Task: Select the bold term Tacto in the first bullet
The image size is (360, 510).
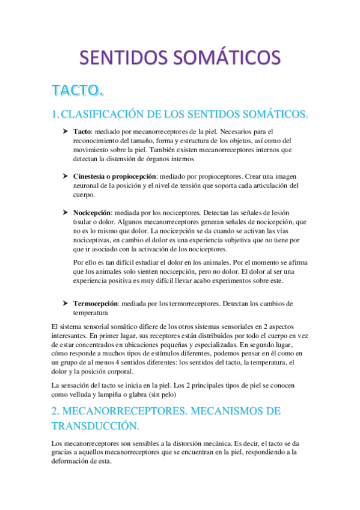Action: [x=82, y=131]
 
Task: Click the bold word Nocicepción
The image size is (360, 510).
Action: [x=92, y=213]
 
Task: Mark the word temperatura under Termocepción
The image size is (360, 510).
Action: [x=91, y=313]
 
